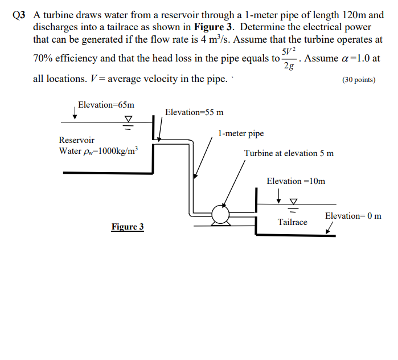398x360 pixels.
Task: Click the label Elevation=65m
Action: pyautogui.click(x=106, y=105)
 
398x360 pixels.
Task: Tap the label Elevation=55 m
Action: pyautogui.click(x=194, y=112)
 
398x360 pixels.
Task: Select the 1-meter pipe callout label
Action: pyautogui.click(x=241, y=134)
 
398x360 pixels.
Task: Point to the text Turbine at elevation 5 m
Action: pyautogui.click(x=289, y=153)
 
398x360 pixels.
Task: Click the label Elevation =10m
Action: pyautogui.click(x=296, y=181)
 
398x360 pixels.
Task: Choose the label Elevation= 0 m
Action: pyautogui.click(x=353, y=216)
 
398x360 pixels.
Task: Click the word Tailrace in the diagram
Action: pyautogui.click(x=292, y=222)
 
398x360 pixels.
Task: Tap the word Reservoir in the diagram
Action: pyautogui.click(x=77, y=140)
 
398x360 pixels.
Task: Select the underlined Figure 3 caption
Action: pyautogui.click(x=128, y=227)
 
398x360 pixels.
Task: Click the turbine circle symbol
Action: pyautogui.click(x=220, y=214)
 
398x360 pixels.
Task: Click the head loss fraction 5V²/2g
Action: pyautogui.click(x=289, y=58)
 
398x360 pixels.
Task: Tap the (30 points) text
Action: pyautogui.click(x=359, y=80)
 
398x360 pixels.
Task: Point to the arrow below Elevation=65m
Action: pyautogui.click(x=75, y=114)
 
